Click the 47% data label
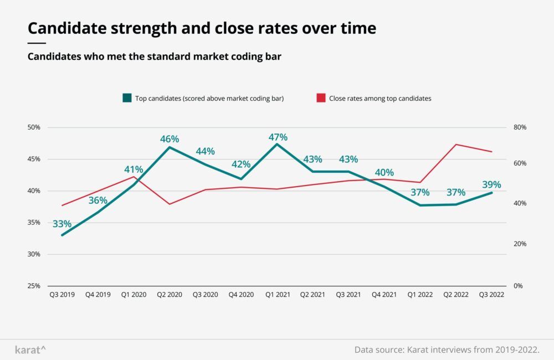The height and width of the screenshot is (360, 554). [279, 137]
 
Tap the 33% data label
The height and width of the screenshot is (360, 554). [62, 224]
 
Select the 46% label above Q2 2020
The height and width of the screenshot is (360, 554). [170, 139]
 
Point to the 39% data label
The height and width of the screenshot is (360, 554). [492, 184]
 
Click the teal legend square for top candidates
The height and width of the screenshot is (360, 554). [126, 98]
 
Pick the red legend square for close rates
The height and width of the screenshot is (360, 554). [321, 98]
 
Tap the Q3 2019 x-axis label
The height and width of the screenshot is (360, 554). [61, 295]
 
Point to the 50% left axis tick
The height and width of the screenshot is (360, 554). [34, 127]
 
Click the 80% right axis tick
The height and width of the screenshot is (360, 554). [520, 127]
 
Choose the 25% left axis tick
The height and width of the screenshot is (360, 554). [34, 286]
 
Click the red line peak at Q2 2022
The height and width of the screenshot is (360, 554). [456, 145]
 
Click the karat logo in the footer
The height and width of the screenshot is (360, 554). [30, 350]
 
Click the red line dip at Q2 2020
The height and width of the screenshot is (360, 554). [170, 204]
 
